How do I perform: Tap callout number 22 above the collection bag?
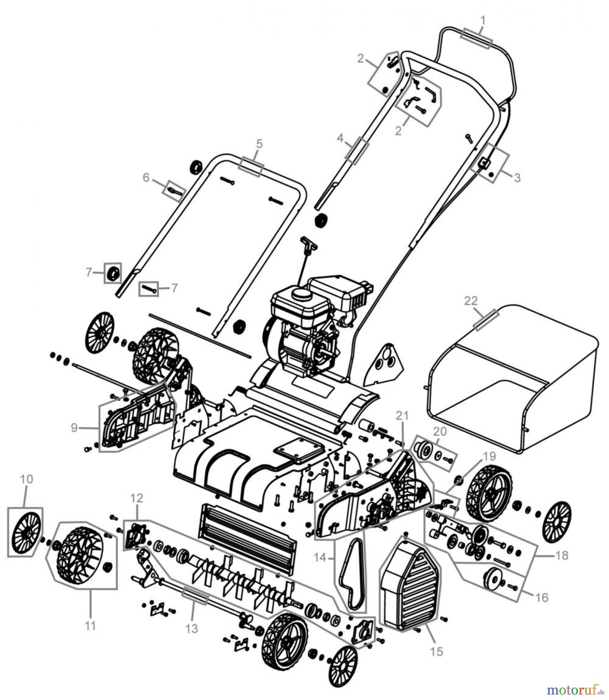pyautogui.click(x=471, y=301)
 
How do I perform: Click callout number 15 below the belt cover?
pyautogui.click(x=437, y=651)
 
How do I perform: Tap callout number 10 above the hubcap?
pyautogui.click(x=26, y=479)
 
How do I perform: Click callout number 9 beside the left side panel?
pyautogui.click(x=74, y=428)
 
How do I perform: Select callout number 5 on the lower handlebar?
pyautogui.click(x=259, y=143)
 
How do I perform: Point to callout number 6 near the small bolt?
pyautogui.click(x=146, y=178)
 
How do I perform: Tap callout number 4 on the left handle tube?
pyautogui.click(x=340, y=138)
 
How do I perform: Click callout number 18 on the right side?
pyautogui.click(x=561, y=556)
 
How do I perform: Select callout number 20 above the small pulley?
pyautogui.click(x=440, y=432)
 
